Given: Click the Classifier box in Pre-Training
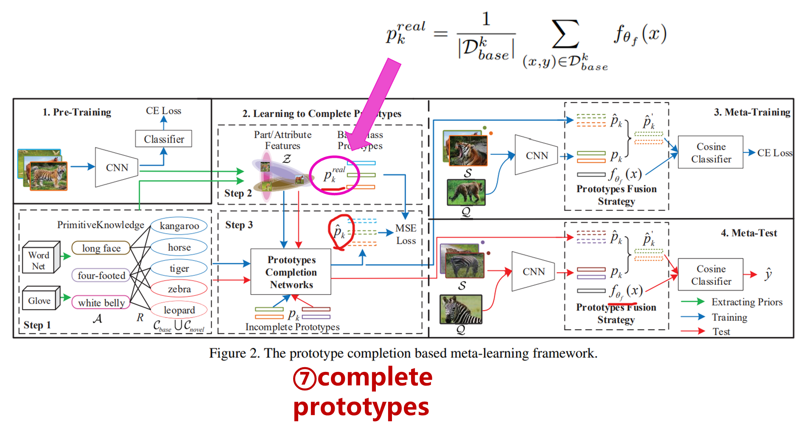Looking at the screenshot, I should pyautogui.click(x=164, y=139).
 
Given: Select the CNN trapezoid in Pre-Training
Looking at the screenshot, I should pyautogui.click(x=117, y=167).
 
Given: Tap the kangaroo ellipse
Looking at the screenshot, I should pyautogui.click(x=179, y=226).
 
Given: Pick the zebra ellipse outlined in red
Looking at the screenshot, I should pyautogui.click(x=179, y=289).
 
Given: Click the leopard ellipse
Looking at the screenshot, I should pyautogui.click(x=179, y=310).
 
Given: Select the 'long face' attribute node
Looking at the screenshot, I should pyautogui.click(x=101, y=248).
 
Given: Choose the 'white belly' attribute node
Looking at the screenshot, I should pyautogui.click(x=101, y=303).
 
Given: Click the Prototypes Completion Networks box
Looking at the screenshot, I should pyautogui.click(x=291, y=272).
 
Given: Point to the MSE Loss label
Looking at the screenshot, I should pyautogui.click(x=406, y=234).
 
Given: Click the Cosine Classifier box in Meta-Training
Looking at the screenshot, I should pyautogui.click(x=711, y=152).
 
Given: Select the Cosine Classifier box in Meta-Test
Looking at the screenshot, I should pyautogui.click(x=711, y=275).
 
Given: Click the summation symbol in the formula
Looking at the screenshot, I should pyautogui.click(x=565, y=34).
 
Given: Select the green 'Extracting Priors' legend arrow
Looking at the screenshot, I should pyautogui.click(x=692, y=302).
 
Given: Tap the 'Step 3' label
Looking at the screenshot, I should pyautogui.click(x=239, y=225).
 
